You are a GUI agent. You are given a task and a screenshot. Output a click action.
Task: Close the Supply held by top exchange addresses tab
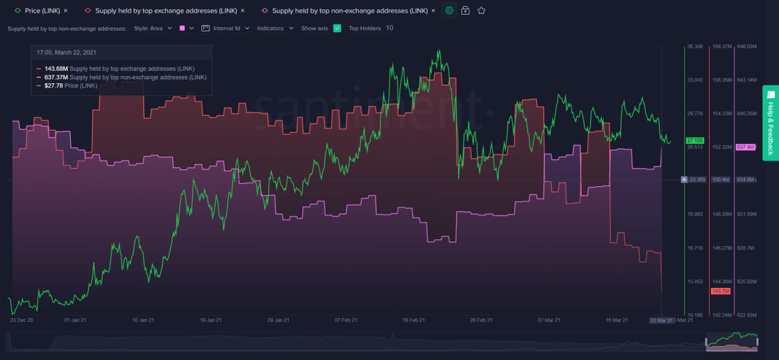(242, 11)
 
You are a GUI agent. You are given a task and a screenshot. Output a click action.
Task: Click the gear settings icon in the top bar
(450, 11)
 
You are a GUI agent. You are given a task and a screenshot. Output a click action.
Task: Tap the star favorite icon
(481, 11)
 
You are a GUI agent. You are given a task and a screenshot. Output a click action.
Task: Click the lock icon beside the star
(466, 11)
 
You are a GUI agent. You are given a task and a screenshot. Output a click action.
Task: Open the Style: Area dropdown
(153, 29)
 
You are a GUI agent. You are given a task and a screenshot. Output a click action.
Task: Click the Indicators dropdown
(275, 29)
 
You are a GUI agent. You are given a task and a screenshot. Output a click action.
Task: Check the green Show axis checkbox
(337, 29)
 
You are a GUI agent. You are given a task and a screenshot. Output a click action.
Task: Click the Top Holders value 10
(389, 29)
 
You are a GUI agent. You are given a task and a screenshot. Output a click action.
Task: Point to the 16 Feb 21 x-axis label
(414, 320)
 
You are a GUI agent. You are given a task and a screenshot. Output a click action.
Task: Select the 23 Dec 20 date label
(21, 320)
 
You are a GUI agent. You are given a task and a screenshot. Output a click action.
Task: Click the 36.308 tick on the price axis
(694, 47)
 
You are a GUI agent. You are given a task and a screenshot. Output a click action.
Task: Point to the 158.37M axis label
(722, 47)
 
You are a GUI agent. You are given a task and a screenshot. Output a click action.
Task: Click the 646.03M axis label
(746, 47)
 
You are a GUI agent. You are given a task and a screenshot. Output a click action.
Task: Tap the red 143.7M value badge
(720, 291)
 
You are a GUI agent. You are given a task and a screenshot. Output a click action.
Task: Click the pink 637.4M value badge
(745, 147)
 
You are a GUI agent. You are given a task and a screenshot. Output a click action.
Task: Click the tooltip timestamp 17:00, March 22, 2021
(66, 53)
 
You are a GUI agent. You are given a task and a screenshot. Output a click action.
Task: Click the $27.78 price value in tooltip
(54, 86)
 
